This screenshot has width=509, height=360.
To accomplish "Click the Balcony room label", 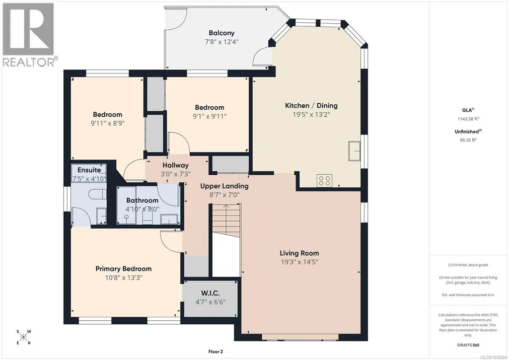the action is click(x=221, y=33).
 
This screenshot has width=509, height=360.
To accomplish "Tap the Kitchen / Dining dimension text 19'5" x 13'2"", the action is click(x=311, y=114).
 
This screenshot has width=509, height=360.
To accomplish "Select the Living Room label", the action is click(x=299, y=253).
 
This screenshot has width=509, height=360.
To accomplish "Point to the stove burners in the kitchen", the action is click(x=325, y=180).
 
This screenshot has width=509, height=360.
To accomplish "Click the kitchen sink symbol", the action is click(x=354, y=151).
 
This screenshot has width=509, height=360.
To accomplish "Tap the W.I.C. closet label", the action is click(x=210, y=293).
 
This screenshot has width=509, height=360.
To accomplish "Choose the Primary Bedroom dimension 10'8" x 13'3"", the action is click(x=124, y=278).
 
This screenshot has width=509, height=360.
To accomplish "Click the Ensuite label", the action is click(x=89, y=170).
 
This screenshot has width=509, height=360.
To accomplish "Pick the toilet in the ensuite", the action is click(x=98, y=195).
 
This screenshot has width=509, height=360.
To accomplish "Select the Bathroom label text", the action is click(x=142, y=200).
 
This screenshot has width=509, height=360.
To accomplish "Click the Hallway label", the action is click(x=176, y=165).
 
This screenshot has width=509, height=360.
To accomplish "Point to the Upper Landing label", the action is click(x=224, y=186).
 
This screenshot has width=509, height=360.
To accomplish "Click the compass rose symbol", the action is click(x=23, y=337).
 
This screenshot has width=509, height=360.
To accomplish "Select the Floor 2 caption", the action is click(x=216, y=351).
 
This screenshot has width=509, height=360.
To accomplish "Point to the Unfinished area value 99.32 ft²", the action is click(x=468, y=140).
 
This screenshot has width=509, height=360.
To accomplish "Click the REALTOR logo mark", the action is click(x=28, y=29).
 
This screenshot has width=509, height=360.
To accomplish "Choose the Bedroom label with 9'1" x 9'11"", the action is click(x=210, y=107).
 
